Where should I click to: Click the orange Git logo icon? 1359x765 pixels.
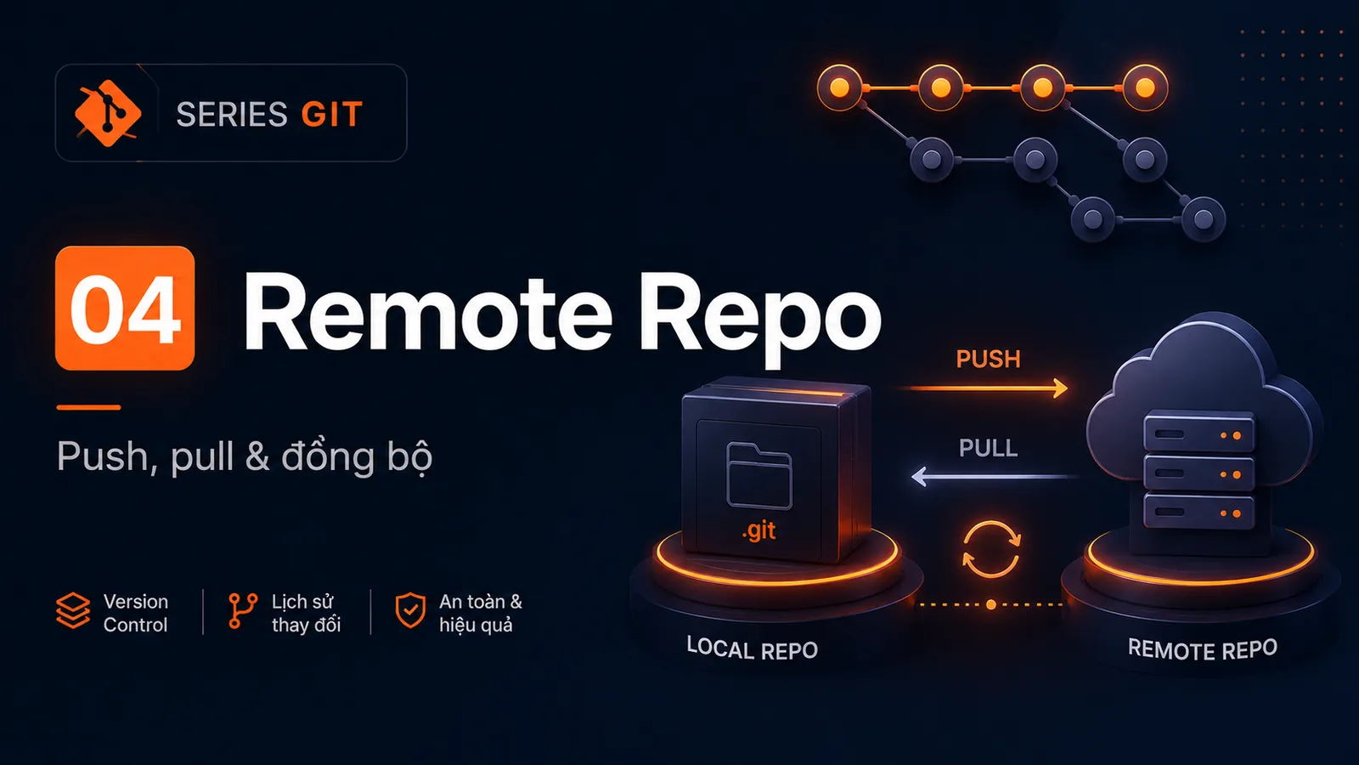click(107, 113)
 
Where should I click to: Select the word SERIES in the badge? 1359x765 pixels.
click(232, 114)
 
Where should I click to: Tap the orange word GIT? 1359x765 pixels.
click(332, 114)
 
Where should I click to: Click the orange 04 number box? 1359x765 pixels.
click(125, 308)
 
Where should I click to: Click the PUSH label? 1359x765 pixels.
click(989, 360)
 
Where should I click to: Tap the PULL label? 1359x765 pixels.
click(989, 448)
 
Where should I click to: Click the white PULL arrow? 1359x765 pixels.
click(994, 477)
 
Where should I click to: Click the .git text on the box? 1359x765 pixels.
click(758, 531)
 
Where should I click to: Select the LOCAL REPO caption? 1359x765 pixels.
click(753, 649)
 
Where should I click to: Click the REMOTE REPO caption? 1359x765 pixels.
click(1203, 649)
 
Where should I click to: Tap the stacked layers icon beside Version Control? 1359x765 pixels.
click(73, 610)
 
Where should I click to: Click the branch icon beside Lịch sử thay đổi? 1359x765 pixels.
click(243, 611)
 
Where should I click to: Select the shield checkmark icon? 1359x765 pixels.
click(410, 610)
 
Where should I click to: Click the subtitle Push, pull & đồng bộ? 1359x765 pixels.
click(245, 456)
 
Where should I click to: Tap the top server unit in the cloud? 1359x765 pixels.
click(1198, 433)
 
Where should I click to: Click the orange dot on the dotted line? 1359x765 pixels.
click(990, 604)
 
